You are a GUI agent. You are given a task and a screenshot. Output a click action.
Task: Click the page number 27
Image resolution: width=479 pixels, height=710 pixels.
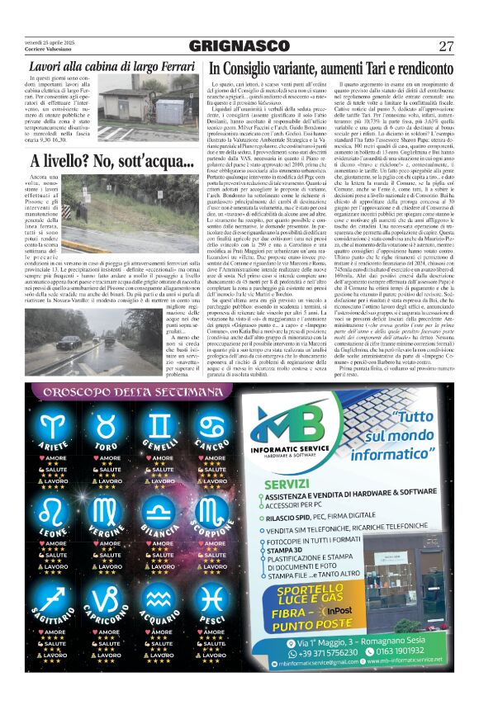[x=445, y=45]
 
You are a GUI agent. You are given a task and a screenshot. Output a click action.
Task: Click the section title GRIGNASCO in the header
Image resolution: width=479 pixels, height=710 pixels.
[x=239, y=46]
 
